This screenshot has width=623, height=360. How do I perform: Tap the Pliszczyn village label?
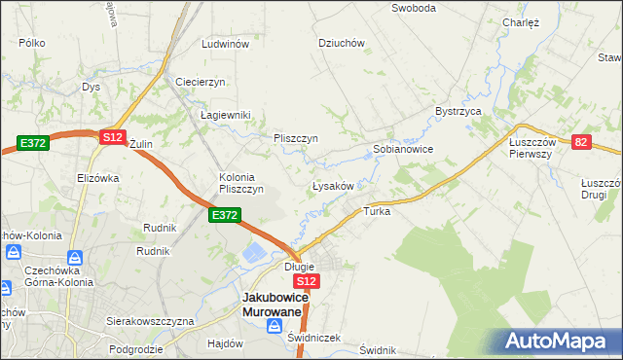point(296,138)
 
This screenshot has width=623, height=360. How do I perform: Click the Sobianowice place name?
point(403,150)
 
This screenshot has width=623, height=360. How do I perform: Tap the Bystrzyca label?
point(459,112)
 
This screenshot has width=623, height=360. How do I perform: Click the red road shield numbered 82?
point(582,142)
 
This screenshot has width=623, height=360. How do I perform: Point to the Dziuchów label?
point(341,43)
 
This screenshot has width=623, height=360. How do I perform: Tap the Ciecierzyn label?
point(201,82)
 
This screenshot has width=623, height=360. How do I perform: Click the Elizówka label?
point(97,178)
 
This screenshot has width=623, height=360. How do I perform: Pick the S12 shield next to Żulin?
point(112,138)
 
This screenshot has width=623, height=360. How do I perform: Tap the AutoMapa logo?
point(559,341)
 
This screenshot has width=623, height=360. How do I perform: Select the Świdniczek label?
point(314,338)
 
